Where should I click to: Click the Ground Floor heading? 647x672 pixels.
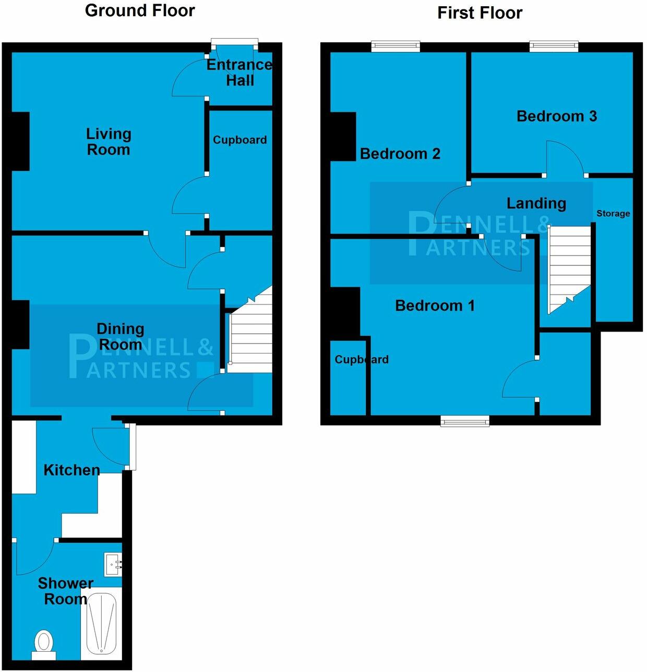pyautogui.click(x=140, y=10)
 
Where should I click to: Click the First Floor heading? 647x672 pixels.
pyautogui.click(x=480, y=13)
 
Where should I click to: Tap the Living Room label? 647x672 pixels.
pyautogui.click(x=108, y=142)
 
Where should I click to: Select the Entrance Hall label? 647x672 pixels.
pyautogui.click(x=239, y=72)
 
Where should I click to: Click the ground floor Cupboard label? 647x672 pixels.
pyautogui.click(x=239, y=140)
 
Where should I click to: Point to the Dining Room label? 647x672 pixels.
pyautogui.click(x=121, y=337)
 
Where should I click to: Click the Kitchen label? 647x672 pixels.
pyautogui.click(x=71, y=470)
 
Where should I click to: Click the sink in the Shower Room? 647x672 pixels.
pyautogui.click(x=113, y=564)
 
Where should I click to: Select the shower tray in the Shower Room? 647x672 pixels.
pyautogui.click(x=101, y=623)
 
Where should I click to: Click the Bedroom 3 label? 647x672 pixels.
pyautogui.click(x=556, y=116)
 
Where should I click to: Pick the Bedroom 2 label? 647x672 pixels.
pyautogui.click(x=400, y=153)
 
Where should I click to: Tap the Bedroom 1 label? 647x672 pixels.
pyautogui.click(x=435, y=305)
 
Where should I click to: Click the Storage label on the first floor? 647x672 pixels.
pyautogui.click(x=613, y=213)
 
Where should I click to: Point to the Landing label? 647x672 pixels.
pyautogui.click(x=536, y=203)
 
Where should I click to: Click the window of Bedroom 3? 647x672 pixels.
pyautogui.click(x=554, y=46)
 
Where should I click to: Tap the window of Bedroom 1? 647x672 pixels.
pyautogui.click(x=465, y=421)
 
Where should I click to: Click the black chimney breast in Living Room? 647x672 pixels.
pyautogui.click(x=20, y=141)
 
